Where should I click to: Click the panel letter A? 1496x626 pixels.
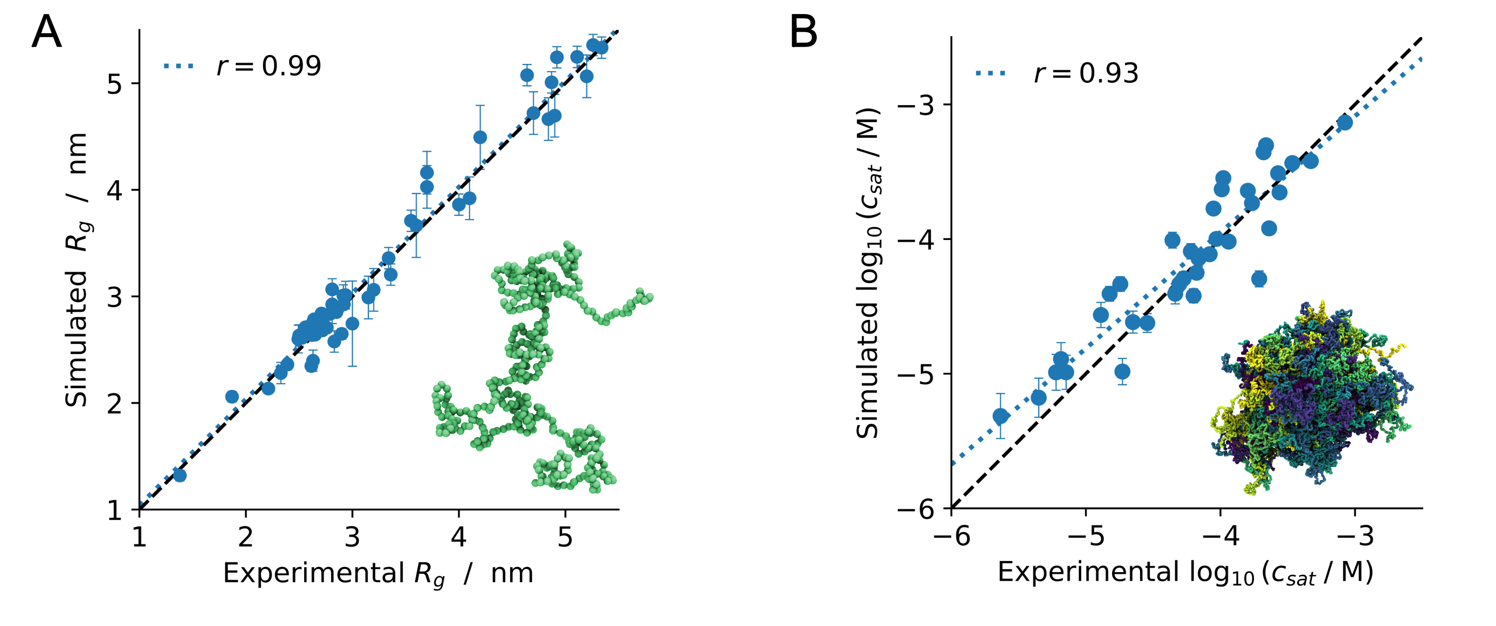click(46, 33)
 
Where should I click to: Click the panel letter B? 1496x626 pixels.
click(803, 33)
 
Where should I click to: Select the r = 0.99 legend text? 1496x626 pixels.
click(268, 66)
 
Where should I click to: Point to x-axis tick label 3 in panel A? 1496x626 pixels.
click(352, 537)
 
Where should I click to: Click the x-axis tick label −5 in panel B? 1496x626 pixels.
click(1086, 536)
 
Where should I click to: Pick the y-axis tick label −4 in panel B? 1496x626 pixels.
click(917, 240)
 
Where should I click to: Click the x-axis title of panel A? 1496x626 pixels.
click(378, 574)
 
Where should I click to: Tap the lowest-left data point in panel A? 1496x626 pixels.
click(180, 475)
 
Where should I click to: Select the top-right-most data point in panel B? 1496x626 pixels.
click(1345, 122)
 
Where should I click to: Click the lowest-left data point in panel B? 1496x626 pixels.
click(1000, 416)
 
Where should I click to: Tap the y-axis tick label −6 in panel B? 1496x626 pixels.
click(917, 509)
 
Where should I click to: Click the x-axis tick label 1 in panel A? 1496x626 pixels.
click(139, 537)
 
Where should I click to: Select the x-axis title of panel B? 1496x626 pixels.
click(1185, 573)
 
